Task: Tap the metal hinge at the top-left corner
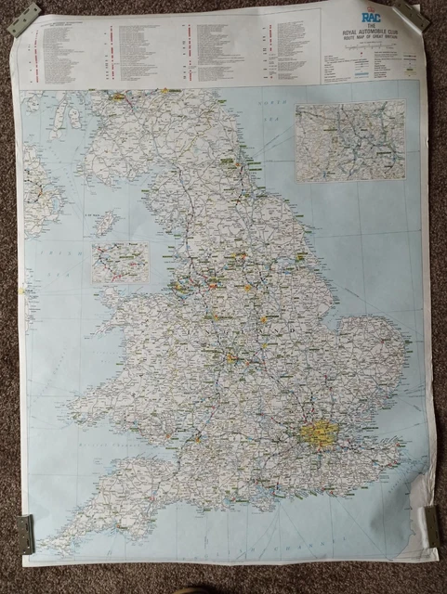23,19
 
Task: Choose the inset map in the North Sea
350,139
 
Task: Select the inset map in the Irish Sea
120,262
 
